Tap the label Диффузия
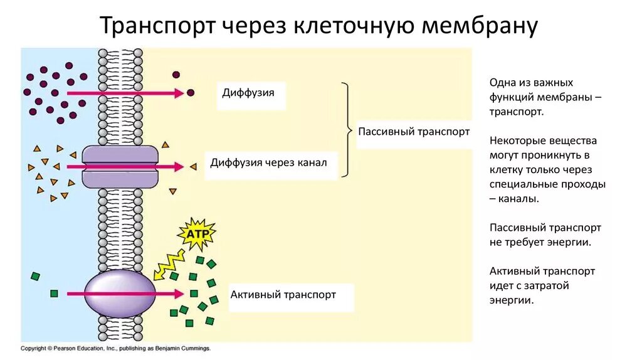248,93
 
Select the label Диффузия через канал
269,163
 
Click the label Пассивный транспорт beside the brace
414,132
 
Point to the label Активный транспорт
283,294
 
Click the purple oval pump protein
120,294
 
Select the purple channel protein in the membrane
120,166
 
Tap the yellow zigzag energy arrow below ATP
167,263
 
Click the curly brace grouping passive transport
347,130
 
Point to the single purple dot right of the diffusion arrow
191,93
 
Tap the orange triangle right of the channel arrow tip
193,167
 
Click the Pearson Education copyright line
115,347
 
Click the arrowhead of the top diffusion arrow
180,93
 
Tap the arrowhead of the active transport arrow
179,294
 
